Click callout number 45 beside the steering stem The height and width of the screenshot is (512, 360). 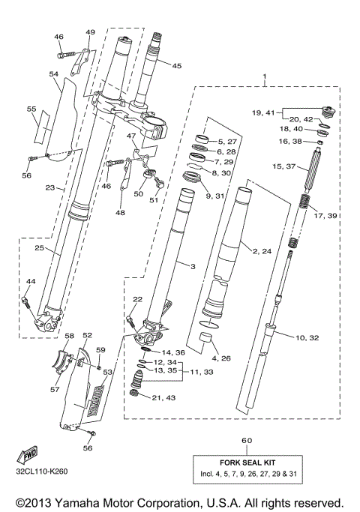[177, 66]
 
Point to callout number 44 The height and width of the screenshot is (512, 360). [30, 281]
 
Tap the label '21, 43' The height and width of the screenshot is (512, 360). [163, 397]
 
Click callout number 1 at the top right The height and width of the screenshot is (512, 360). [264, 76]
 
